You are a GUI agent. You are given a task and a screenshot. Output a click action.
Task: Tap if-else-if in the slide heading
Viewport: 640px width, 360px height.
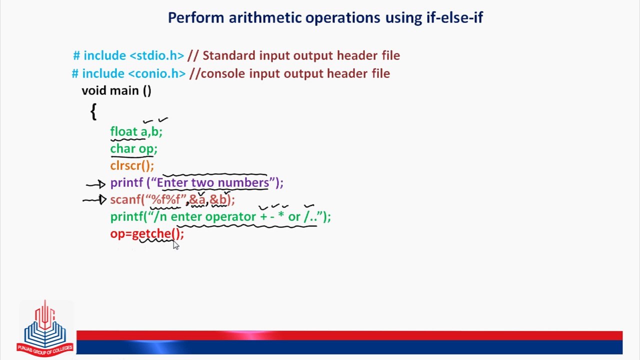pyautogui.click(x=455, y=17)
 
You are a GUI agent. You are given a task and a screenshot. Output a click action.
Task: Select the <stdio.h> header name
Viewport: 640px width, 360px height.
pyautogui.click(x=157, y=55)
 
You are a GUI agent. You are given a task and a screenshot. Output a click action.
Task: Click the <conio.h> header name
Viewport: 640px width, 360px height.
pyautogui.click(x=157, y=73)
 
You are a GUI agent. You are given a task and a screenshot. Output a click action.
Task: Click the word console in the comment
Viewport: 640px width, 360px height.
pyautogui.click(x=223, y=73)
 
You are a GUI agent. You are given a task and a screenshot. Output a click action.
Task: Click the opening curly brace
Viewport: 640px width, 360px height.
pyautogui.click(x=93, y=111)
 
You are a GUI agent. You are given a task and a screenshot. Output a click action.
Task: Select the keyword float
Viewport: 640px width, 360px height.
pyautogui.click(x=124, y=131)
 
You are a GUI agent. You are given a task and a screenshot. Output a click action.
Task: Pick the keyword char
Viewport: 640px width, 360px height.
pyautogui.click(x=123, y=148)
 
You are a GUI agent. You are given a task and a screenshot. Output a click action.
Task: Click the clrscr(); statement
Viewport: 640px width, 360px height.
pyautogui.click(x=132, y=165)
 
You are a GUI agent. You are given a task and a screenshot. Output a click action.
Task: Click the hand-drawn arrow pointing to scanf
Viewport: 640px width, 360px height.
pyautogui.click(x=94, y=199)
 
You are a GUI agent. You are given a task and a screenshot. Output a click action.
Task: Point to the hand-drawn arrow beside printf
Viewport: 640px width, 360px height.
pyautogui.click(x=96, y=184)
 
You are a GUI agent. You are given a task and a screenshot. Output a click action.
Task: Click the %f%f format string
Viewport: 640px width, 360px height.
pyautogui.click(x=165, y=199)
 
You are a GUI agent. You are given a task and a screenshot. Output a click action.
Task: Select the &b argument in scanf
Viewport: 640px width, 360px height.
pyautogui.click(x=218, y=199)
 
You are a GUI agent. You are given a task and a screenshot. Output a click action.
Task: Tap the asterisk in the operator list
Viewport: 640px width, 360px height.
pyautogui.click(x=281, y=215)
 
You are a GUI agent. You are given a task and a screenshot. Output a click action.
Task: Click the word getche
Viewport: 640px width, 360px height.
pyautogui.click(x=151, y=234)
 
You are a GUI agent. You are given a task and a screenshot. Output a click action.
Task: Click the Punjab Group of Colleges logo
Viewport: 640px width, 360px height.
pyautogui.click(x=45, y=328)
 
